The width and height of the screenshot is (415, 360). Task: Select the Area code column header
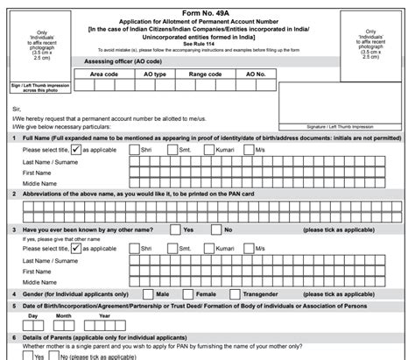[x=104, y=74]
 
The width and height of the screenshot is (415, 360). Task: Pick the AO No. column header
[x=256, y=74]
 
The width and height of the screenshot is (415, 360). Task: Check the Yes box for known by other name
[x=173, y=229]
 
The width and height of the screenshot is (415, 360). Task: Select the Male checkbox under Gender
[x=145, y=293]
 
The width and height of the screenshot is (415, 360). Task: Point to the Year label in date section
[x=104, y=315]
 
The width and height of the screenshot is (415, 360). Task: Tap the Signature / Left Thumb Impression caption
[x=362, y=128]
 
